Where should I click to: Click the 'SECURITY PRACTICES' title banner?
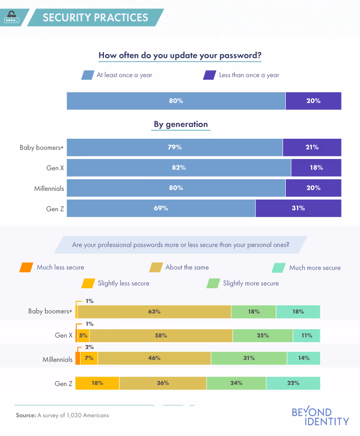[x=95, y=18]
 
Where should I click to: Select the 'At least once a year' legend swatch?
[x=87, y=75]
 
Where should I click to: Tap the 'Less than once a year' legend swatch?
[x=210, y=75]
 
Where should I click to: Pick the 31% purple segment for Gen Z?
[x=298, y=208]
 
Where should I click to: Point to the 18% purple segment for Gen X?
[x=316, y=168]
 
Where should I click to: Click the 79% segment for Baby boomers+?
[x=175, y=147]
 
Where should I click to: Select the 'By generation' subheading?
[x=180, y=124]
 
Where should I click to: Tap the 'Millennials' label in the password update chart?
[x=49, y=188]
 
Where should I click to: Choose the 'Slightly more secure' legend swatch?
[x=212, y=283]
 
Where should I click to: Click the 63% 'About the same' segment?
[x=154, y=312]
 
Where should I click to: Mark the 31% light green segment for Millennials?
[x=248, y=358]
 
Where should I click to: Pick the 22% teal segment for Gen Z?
[x=293, y=383]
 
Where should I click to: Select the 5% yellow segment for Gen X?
[x=83, y=336]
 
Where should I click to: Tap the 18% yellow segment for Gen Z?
[x=97, y=383]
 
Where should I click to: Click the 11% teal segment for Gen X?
[x=306, y=336]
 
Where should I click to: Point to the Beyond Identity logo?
[x=320, y=417]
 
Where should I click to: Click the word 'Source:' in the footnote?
[x=26, y=415]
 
